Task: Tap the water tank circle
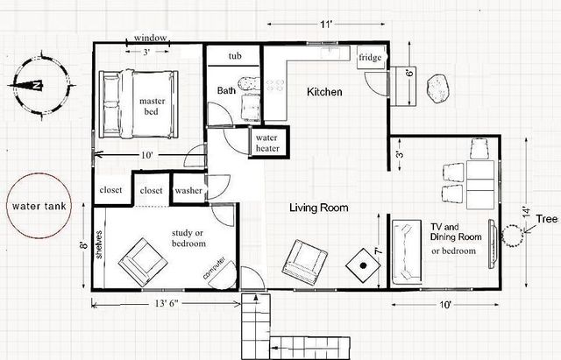(37, 208)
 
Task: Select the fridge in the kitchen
(367, 59)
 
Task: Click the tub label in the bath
(235, 56)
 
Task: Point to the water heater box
(266, 144)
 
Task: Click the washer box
(188, 190)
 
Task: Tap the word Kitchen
(324, 92)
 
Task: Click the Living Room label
(320, 208)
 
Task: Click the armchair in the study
(140, 258)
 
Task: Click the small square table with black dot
(361, 264)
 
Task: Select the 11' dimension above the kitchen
(326, 25)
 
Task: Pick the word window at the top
(151, 38)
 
